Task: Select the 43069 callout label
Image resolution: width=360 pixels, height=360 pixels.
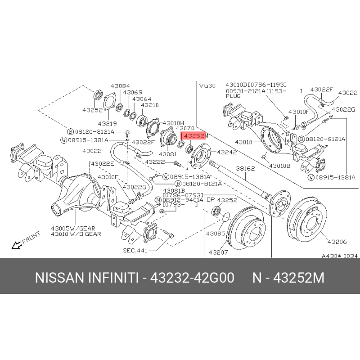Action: tap(133, 92)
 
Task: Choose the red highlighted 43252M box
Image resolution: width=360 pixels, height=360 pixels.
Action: tap(193, 135)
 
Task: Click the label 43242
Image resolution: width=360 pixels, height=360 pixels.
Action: tap(227, 153)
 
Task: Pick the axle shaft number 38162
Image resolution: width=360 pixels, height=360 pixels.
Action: tap(246, 168)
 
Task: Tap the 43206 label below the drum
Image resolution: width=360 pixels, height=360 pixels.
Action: tap(337, 242)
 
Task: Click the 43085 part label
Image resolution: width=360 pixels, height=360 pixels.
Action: tap(216, 234)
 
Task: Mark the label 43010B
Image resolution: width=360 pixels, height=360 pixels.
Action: tap(280, 166)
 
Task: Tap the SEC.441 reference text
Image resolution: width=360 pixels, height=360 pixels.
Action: tap(135, 251)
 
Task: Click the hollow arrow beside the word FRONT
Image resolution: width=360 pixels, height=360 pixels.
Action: tap(16, 245)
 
